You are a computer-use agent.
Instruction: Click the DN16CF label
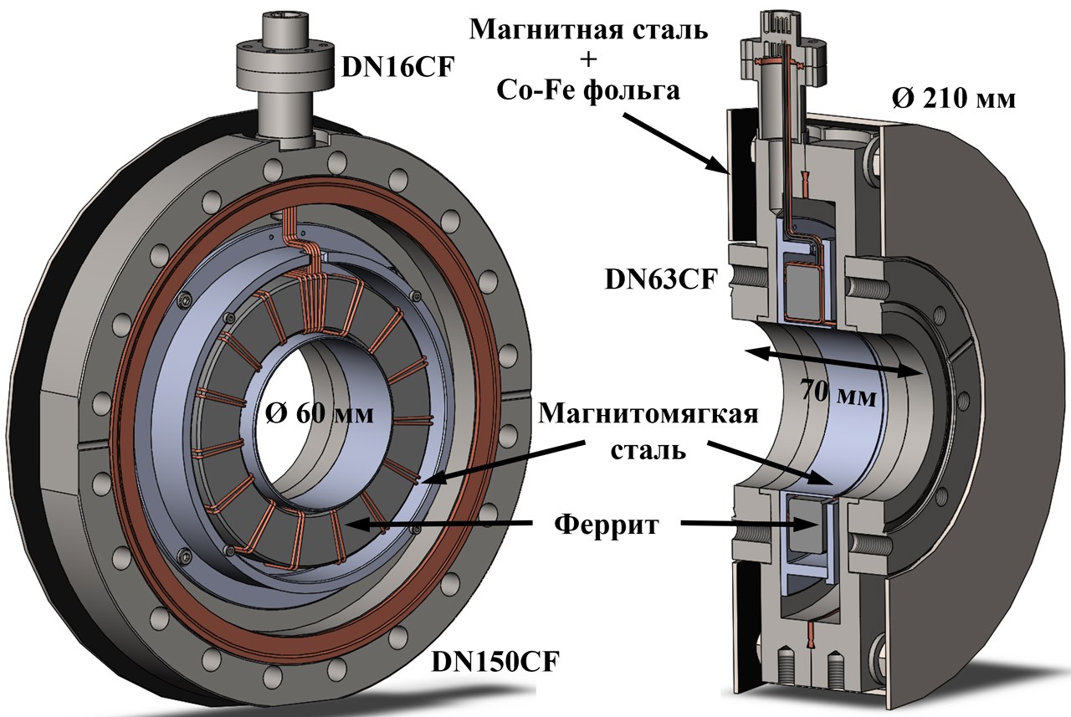coord(397,68)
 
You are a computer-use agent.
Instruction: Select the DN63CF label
coord(662,279)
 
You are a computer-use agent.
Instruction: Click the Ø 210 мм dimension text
coord(955,100)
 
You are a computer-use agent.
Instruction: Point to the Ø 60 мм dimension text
coord(320,413)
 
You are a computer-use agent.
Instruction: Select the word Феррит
coord(607,525)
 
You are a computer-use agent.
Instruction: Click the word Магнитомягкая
coord(648,414)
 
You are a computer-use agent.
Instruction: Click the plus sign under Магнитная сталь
coord(589,60)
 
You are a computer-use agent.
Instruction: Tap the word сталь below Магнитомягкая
coord(648,450)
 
